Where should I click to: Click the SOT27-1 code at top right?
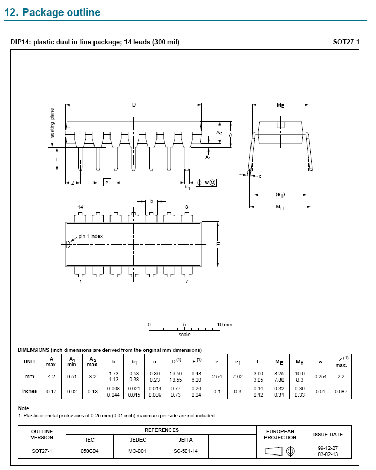(346, 42)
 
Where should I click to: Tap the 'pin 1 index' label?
(90, 236)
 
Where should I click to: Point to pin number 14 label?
(80, 207)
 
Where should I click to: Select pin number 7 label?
(186, 282)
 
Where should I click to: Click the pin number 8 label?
(186, 207)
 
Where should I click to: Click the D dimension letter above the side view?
(133, 105)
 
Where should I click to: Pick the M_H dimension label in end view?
(279, 207)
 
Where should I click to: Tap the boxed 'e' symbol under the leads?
(107, 182)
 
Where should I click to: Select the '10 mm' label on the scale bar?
(225, 325)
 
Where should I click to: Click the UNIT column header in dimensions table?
(29, 361)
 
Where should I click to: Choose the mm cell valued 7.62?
(238, 377)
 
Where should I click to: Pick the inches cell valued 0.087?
(340, 391)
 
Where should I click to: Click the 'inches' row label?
(29, 391)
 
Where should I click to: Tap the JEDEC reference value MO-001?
(137, 451)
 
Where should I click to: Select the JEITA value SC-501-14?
(185, 451)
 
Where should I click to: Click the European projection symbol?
(280, 451)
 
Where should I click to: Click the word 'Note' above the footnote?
(23, 408)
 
